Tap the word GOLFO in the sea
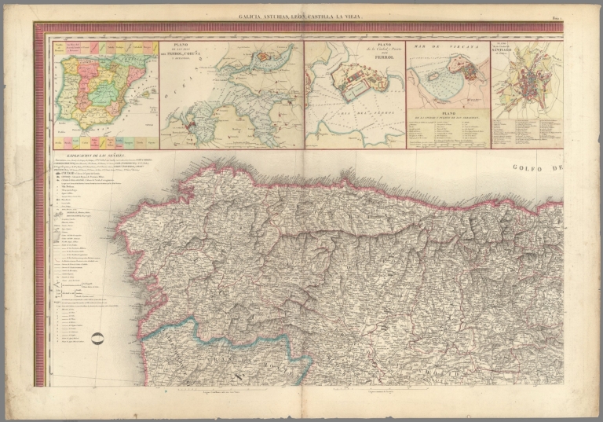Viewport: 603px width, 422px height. tap(527, 167)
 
